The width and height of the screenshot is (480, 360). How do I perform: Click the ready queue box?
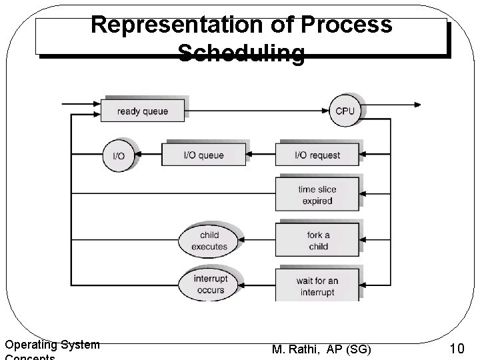[143, 111]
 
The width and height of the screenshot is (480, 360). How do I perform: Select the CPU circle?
[345, 111]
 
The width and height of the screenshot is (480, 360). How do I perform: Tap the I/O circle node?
[118, 155]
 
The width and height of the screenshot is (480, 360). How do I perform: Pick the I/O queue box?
[203, 155]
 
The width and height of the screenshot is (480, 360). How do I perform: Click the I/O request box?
[317, 155]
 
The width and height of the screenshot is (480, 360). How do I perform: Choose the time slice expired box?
[317, 195]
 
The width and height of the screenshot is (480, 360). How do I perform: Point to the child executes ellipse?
[209, 241]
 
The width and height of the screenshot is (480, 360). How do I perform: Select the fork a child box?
[317, 241]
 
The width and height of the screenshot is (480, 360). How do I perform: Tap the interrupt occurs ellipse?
[209, 285]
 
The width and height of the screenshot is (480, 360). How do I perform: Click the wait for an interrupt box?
[317, 286]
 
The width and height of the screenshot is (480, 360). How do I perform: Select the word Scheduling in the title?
[241, 53]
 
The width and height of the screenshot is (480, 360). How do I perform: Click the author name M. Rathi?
[297, 349]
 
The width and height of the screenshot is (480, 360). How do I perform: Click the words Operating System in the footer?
[52, 345]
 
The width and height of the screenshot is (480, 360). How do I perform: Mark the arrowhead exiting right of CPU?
[417, 104]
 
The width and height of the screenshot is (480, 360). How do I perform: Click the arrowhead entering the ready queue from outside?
[97, 105]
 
